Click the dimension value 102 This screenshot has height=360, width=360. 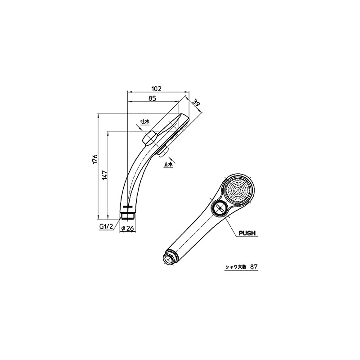(157, 88)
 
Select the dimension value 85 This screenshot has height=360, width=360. (152, 98)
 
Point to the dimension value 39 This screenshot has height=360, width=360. (196, 103)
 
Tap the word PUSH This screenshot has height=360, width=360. (247, 233)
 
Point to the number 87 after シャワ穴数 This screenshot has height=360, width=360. (253, 266)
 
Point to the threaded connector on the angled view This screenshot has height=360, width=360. (169, 259)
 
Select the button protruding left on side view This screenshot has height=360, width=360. (148, 138)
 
